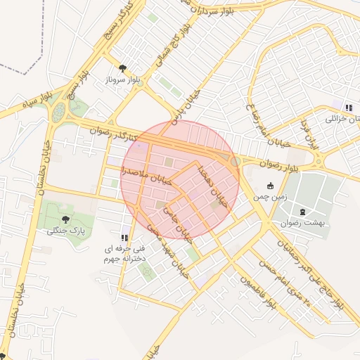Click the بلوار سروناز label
coord(123,80)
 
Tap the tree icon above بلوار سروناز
coord(123,68)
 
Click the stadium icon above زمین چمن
coord(271,186)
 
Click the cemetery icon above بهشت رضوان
coord(303,211)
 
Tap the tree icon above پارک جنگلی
coord(65,219)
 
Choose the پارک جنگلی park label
coord(65,231)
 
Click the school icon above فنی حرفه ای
coord(124,237)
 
